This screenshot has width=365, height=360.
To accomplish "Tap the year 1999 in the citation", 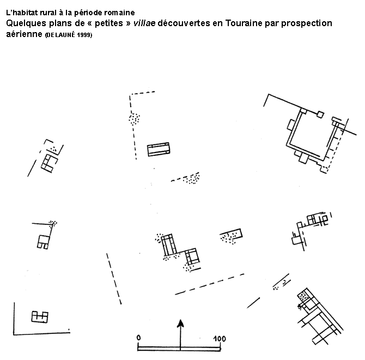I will coord(84,35).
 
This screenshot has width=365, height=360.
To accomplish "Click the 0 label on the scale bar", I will coord(139,338).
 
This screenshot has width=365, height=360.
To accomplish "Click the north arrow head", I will coord(180,324).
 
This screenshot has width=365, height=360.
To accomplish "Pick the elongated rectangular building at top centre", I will coord(159,149).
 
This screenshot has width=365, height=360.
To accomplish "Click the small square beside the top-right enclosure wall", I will coord(320,114).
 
